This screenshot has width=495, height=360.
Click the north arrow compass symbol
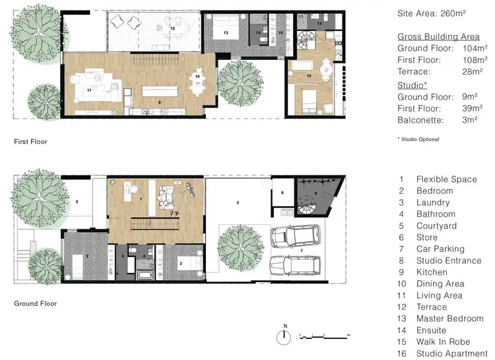click(x=284, y=334)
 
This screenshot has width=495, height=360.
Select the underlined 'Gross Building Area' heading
click(x=438, y=37)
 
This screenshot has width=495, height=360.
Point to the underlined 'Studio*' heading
click(x=412, y=85)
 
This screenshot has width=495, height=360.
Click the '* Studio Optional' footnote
click(x=418, y=139)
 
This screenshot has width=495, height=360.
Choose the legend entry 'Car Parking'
click(x=440, y=249)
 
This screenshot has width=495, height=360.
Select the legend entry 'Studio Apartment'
click(x=451, y=353)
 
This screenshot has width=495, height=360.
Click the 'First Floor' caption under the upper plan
click(x=30, y=141)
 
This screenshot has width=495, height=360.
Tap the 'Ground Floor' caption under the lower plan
click(x=35, y=304)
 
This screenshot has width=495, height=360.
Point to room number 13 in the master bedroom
click(x=225, y=32)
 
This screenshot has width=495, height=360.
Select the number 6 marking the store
click(x=282, y=193)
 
